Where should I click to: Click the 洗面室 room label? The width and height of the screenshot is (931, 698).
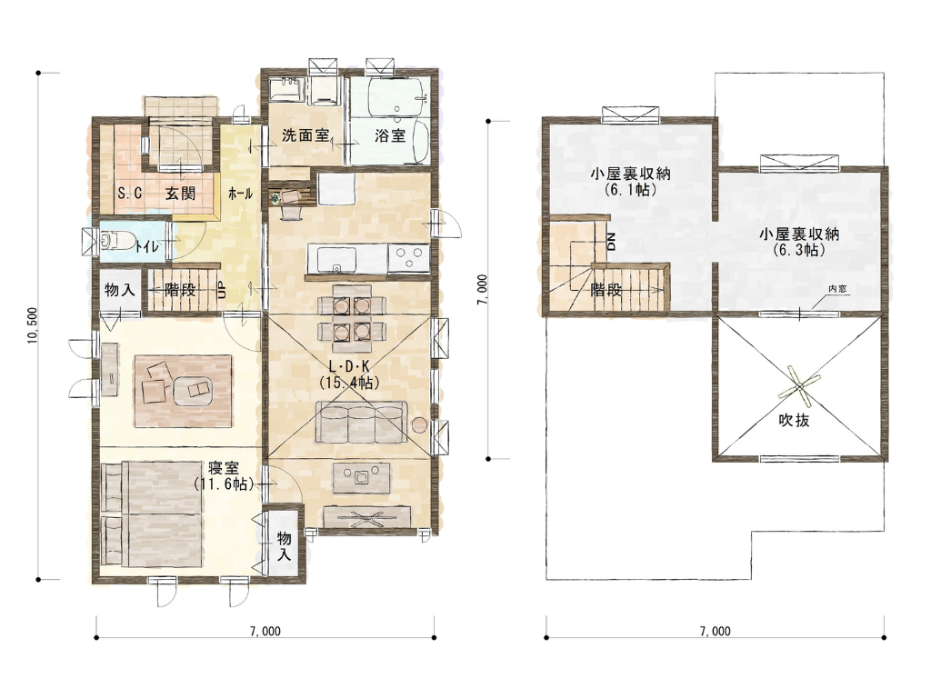coord(305,135)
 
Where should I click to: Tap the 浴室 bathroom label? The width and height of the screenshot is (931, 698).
coord(390,135)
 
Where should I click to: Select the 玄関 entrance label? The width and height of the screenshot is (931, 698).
coord(180,193)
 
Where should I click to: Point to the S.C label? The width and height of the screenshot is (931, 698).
coord(129,193)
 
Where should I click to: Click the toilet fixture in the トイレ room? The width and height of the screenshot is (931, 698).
coord(116,240)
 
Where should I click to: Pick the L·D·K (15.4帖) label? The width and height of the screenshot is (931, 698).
coord(348,374)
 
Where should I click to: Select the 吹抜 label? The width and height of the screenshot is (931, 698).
coord(794,420)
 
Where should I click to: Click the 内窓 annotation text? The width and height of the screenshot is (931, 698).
coord(837,289)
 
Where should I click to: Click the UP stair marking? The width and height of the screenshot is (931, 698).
coord(222,290)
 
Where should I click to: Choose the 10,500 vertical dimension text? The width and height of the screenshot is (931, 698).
coord(33,325)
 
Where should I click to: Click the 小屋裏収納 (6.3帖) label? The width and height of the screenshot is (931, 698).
coord(799,242)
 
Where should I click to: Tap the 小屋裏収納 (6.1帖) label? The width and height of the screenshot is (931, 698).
coord(631,182)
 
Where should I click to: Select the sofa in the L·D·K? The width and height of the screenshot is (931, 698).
coord(361,422)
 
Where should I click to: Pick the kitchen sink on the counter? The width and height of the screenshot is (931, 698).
coord(336,259)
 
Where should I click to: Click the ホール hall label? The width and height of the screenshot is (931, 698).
coord(240,193)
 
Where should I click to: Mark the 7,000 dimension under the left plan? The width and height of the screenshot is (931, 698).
coord(265,631)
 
